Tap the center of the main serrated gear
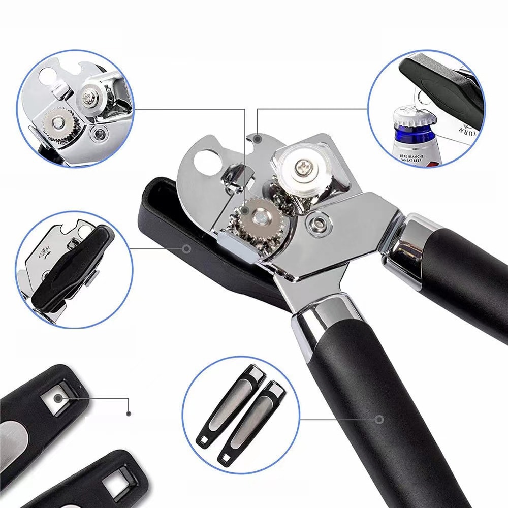pyautogui.click(x=260, y=216)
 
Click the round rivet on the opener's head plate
pyautogui.click(x=319, y=221)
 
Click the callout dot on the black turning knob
pyautogui.click(x=186, y=248)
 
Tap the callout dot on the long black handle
pyautogui.click(x=379, y=419)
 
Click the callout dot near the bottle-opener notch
pyautogui.click(x=258, y=138)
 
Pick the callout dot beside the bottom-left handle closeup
pyautogui.click(x=129, y=414)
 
